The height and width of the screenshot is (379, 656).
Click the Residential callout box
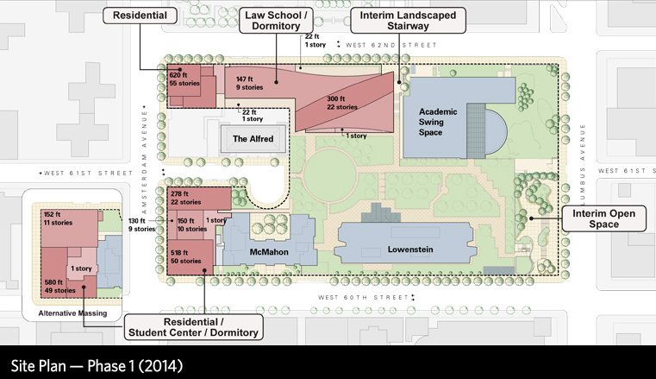pyautogui.click(x=141, y=15)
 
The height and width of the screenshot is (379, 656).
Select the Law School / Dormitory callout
pyautogui.click(x=275, y=21)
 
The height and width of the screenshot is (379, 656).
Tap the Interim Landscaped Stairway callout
pyautogui.click(x=409, y=21)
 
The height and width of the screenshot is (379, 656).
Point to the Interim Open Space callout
pyautogui.click(x=603, y=218)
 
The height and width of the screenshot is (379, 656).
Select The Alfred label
pyautogui.click(x=253, y=137)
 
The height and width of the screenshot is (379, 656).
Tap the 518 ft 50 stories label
pyautogui.click(x=186, y=256)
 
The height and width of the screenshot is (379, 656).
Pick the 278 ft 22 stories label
pyautogui.click(x=186, y=198)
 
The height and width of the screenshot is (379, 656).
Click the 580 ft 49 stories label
pyautogui.click(x=58, y=286)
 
